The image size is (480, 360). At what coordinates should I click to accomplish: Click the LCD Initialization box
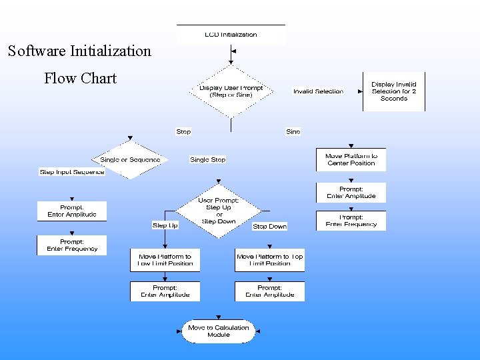[230, 35]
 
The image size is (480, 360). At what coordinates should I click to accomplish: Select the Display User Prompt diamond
[231, 91]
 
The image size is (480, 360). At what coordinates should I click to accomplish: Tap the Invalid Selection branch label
[318, 91]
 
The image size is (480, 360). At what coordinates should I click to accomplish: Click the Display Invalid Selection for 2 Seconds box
[393, 91]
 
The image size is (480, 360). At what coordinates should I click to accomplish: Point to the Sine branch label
[293, 132]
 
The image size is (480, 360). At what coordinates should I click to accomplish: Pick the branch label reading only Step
[183, 132]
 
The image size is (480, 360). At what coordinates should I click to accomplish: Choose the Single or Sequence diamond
[130, 160]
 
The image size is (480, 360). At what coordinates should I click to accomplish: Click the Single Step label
[208, 160]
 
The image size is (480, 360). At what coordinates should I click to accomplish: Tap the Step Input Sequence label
[72, 172]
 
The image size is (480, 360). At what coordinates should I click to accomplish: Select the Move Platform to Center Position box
[351, 159]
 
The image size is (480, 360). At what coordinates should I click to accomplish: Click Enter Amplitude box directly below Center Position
[351, 193]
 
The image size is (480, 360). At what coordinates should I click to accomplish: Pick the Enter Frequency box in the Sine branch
[351, 221]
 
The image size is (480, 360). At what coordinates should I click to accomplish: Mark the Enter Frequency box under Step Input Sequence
[71, 245]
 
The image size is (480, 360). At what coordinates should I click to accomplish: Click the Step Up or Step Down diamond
[218, 211]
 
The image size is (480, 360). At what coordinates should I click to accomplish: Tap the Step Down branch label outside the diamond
[269, 227]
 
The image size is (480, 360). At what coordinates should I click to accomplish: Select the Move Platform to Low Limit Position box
[165, 259]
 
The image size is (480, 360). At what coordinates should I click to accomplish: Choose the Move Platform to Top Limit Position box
[269, 259]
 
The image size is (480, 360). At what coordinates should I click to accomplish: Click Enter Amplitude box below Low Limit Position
[165, 291]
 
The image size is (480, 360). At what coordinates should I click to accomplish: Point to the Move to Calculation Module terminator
[218, 331]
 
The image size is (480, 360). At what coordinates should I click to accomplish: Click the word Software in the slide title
[39, 51]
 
